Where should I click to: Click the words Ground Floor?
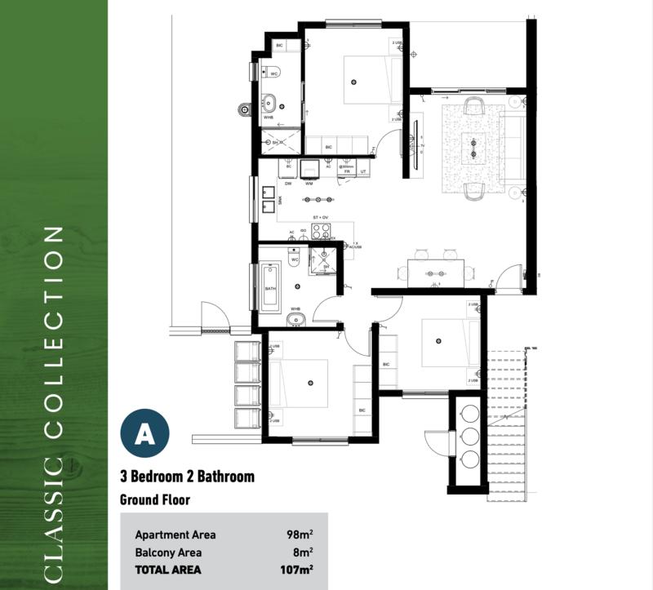click(x=156, y=499)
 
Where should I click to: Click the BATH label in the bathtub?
click(x=270, y=289)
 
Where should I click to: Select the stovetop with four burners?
click(x=321, y=229)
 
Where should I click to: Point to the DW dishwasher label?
click(x=288, y=184)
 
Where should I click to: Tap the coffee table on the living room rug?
click(x=473, y=148)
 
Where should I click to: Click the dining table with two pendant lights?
click(x=435, y=273)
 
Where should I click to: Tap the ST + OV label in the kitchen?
click(x=321, y=217)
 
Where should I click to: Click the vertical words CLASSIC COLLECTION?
click(x=54, y=404)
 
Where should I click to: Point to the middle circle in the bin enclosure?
click(x=470, y=434)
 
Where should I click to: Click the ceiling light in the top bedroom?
click(x=353, y=81)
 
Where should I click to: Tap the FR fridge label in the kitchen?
click(x=347, y=172)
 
